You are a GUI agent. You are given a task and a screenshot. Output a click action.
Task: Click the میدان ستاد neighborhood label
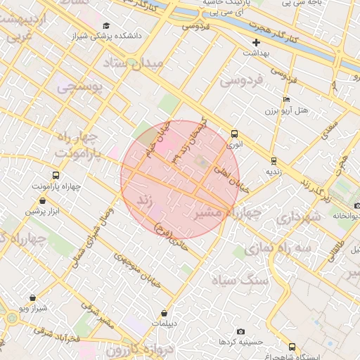[x=141, y=63]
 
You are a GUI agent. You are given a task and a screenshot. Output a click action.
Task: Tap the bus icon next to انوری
[x=234, y=134]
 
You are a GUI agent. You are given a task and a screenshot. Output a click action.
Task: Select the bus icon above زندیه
[x=274, y=160]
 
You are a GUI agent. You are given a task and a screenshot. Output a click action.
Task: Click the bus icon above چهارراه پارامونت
[x=56, y=175]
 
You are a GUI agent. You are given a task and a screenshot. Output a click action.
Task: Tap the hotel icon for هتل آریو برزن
[x=285, y=100]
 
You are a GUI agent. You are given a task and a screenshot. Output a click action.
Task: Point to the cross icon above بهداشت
[x=257, y=42]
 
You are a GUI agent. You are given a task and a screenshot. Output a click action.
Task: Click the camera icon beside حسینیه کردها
[x=240, y=331]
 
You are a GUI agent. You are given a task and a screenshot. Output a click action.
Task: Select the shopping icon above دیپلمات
[x=164, y=313]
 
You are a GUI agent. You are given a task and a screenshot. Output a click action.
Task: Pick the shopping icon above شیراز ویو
[x=32, y=298]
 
